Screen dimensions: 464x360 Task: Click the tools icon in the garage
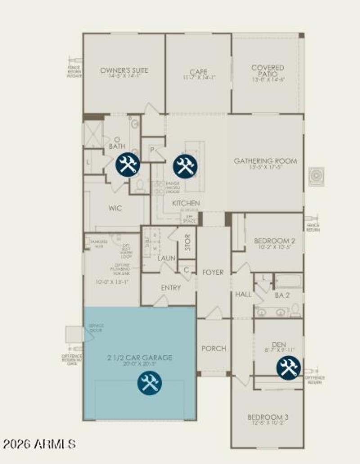pyautogui.click(x=149, y=383)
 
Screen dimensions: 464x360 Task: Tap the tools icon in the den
pyautogui.click(x=288, y=367)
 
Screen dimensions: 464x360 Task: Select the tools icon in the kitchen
pyautogui.click(x=185, y=165)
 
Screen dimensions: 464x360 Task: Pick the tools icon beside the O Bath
pyautogui.click(x=128, y=164)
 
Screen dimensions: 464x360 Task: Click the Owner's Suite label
pyautogui.click(x=124, y=71)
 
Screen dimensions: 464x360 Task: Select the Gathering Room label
pyautogui.click(x=265, y=161)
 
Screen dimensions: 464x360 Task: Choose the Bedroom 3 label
pyautogui.click(x=268, y=418)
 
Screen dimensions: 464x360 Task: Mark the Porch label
pyautogui.click(x=213, y=348)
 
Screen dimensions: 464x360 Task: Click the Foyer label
pyautogui.click(x=213, y=272)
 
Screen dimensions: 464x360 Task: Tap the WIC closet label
pyautogui.click(x=115, y=208)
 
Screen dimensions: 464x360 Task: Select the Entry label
pyautogui.click(x=171, y=288)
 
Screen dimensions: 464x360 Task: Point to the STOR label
pyautogui.click(x=188, y=242)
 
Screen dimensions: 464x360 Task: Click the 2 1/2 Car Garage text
pyautogui.click(x=139, y=357)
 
